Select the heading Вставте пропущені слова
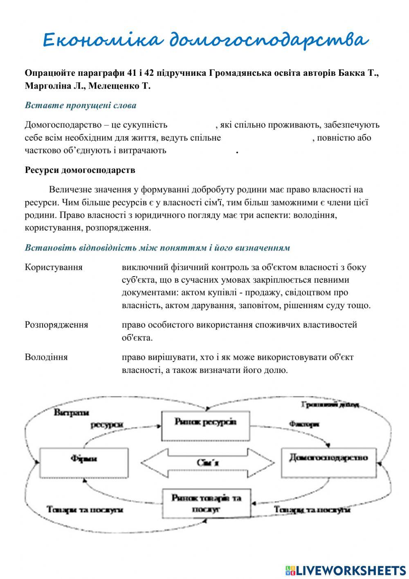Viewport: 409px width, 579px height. (81, 105)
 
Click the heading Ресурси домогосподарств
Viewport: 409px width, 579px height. (80, 170)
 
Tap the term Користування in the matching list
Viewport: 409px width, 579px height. (54, 267)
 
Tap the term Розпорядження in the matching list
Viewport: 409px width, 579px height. (56, 325)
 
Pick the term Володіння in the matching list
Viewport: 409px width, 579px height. (46, 357)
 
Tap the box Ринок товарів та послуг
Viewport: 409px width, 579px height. (207, 504)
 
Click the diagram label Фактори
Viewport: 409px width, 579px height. (304, 424)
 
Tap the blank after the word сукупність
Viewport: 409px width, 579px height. (191, 125)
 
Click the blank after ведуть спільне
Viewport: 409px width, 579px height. (266, 138)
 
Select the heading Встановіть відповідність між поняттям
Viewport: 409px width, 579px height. (157, 248)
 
